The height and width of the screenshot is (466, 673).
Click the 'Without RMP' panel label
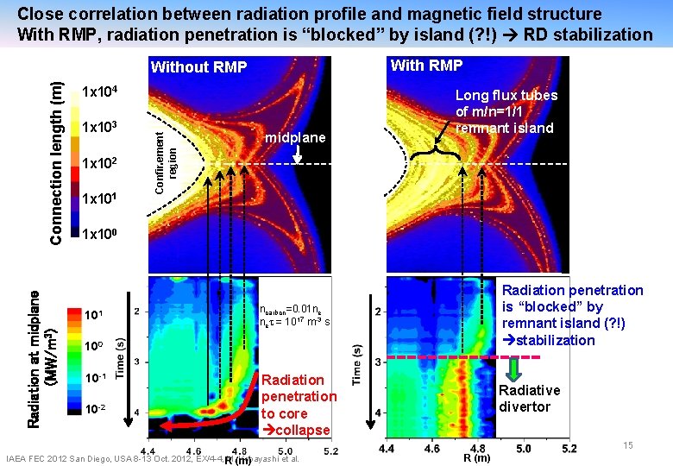click(198, 68)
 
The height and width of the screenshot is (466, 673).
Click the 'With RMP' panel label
click(426, 66)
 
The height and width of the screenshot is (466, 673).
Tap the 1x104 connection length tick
click(104, 92)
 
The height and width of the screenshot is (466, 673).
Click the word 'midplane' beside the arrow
click(296, 138)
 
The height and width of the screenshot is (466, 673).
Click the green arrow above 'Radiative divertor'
click(513, 369)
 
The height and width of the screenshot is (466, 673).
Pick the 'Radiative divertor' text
click(529, 398)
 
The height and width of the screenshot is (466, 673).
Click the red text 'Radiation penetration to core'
click(299, 404)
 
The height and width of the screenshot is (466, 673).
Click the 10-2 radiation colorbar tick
click(95, 408)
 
